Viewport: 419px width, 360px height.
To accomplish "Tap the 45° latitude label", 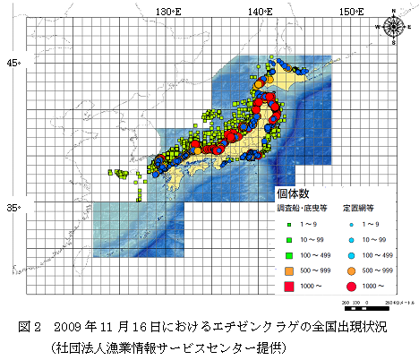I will (13, 63).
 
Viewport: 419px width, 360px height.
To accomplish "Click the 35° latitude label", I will (13, 208).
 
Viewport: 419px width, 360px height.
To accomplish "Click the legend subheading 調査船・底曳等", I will (299, 210).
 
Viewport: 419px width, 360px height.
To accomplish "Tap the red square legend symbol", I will (289, 287).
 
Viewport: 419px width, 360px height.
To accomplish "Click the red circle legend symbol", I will (350, 287).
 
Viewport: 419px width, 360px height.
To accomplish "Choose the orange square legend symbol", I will (289, 270).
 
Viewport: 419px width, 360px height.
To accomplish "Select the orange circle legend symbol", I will (350, 270).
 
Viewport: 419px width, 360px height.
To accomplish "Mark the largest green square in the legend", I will (289, 255).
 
